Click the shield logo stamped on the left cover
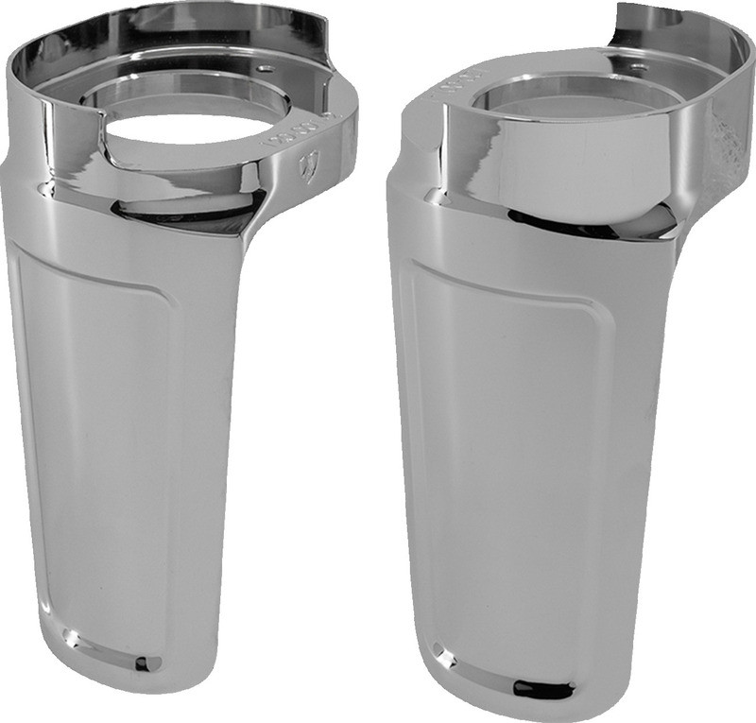[x=306, y=167]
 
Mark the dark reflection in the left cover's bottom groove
[x=142, y=663]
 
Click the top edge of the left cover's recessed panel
[x=94, y=274]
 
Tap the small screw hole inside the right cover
[x=639, y=68]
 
